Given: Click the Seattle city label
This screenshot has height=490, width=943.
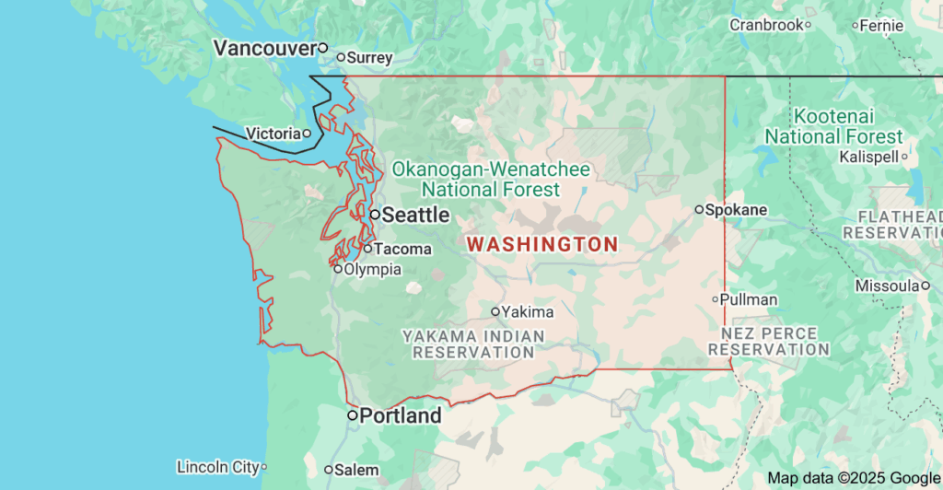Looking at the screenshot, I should pos(415,215).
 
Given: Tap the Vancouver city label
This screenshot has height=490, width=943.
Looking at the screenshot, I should pos(264,48).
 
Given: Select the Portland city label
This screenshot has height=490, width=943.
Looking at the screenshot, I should pos(401,416).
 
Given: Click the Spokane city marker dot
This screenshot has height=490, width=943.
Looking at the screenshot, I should pos(699,210).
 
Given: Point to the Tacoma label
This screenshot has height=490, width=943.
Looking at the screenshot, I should pos(402,249).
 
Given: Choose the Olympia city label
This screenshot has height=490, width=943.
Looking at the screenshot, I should pos(372,269).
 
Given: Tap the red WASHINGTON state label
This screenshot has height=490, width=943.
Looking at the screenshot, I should pos(542,244).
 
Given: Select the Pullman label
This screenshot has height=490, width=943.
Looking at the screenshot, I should pos(749,299).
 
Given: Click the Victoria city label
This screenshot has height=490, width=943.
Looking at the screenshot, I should pos(273,134).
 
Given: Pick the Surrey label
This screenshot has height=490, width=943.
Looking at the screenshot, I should pos(370,57).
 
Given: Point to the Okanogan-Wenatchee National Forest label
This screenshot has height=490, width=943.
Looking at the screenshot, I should pos(490,180).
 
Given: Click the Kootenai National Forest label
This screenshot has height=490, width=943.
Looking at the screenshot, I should pos(833,127).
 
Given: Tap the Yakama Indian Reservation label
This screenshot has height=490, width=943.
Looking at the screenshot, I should pos(473,344).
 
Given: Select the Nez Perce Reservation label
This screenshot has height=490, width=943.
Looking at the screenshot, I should pos(769,341).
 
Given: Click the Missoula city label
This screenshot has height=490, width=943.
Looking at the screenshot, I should pos(887,286).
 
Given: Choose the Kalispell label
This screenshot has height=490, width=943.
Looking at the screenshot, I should pos(868,157).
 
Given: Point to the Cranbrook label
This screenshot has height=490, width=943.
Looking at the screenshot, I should pos(766,25).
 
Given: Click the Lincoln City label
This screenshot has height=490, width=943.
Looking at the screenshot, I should pos(217,467).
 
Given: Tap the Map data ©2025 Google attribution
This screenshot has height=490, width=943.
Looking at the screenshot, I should pos(854,478).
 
